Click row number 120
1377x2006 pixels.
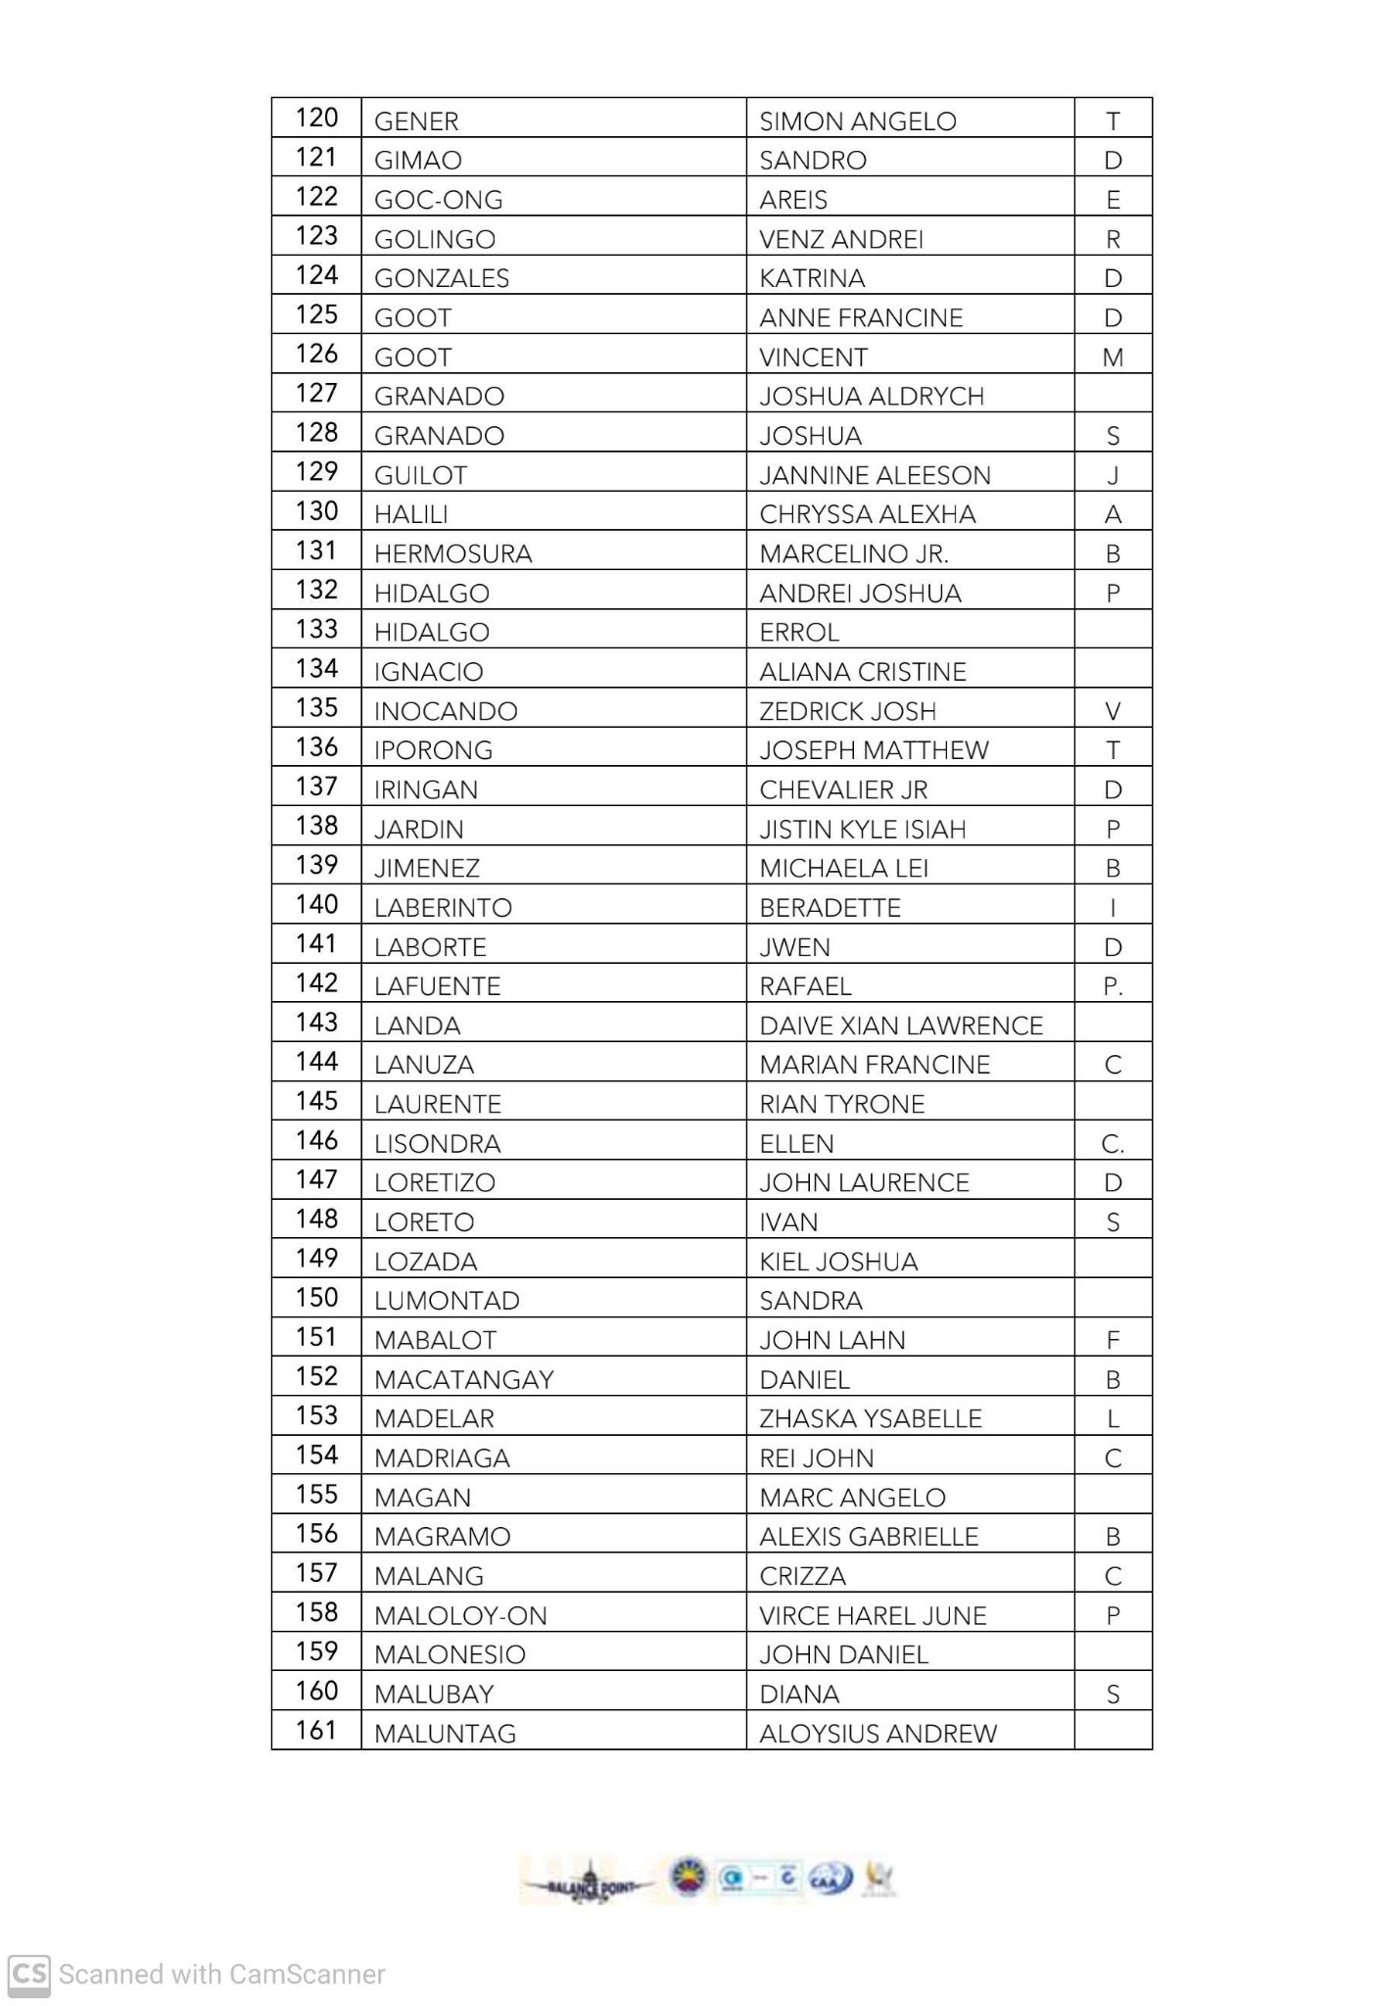pos(316,119)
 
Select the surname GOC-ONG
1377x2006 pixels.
pos(438,200)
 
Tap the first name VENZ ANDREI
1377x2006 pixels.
pos(841,239)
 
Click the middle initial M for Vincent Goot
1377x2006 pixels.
pos(1113,358)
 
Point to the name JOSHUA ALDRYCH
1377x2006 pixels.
pos(872,397)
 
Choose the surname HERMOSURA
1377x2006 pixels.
pos(452,554)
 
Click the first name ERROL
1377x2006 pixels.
pos(799,633)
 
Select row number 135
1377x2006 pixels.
pos(316,708)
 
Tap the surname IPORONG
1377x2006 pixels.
pos(433,750)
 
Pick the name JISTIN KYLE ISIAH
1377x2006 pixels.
pos(863,830)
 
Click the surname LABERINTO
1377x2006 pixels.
pos(443,908)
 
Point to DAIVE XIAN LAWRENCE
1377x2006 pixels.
pos(901,1026)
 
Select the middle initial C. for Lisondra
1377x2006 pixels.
pos(1113,1144)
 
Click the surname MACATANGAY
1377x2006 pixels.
pos(464,1380)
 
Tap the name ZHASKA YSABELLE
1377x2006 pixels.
pos(871,1419)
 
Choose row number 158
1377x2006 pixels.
pos(316,1613)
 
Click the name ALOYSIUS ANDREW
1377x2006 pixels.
pos(878,1734)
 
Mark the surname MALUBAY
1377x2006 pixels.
pos(434,1695)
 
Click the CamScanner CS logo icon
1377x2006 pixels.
pos(29,1973)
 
